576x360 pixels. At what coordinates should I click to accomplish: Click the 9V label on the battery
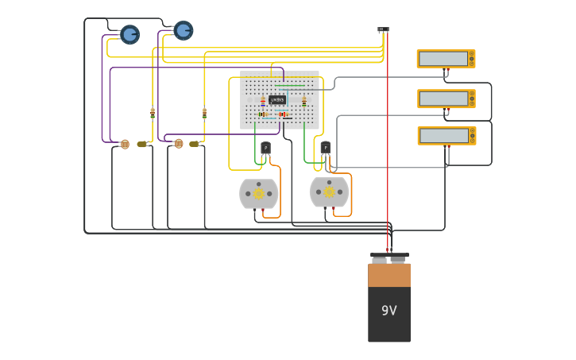coord(389,311)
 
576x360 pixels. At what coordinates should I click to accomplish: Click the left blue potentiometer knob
coord(130,34)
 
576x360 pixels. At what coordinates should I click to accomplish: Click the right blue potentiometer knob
coord(184,30)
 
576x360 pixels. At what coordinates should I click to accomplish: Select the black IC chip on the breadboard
coord(277,99)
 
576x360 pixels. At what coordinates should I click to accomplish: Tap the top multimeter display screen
coord(443,59)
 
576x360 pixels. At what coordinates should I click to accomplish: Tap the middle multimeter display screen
coord(443,99)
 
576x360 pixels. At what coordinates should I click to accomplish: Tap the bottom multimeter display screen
coord(443,136)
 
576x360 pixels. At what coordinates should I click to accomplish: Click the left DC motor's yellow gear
coord(259,193)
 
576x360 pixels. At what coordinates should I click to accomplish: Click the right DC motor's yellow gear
coord(329,192)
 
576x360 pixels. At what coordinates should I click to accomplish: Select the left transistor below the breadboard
coord(265,148)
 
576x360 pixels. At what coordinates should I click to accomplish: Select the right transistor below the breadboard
coord(325,147)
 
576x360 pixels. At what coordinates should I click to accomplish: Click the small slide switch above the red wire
coord(383,29)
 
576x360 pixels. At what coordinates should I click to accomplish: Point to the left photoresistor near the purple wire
coord(125,144)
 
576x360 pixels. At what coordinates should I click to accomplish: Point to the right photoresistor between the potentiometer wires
coord(179,144)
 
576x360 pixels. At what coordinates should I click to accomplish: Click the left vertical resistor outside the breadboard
coord(153,113)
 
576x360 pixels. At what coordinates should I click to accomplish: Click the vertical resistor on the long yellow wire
coord(204,113)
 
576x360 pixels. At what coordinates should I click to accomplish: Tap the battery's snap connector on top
coord(389,257)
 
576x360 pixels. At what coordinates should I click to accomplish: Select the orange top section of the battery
coord(389,275)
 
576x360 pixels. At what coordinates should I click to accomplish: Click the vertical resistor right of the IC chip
coord(303,101)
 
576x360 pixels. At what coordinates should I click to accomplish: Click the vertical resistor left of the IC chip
coord(263,101)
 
